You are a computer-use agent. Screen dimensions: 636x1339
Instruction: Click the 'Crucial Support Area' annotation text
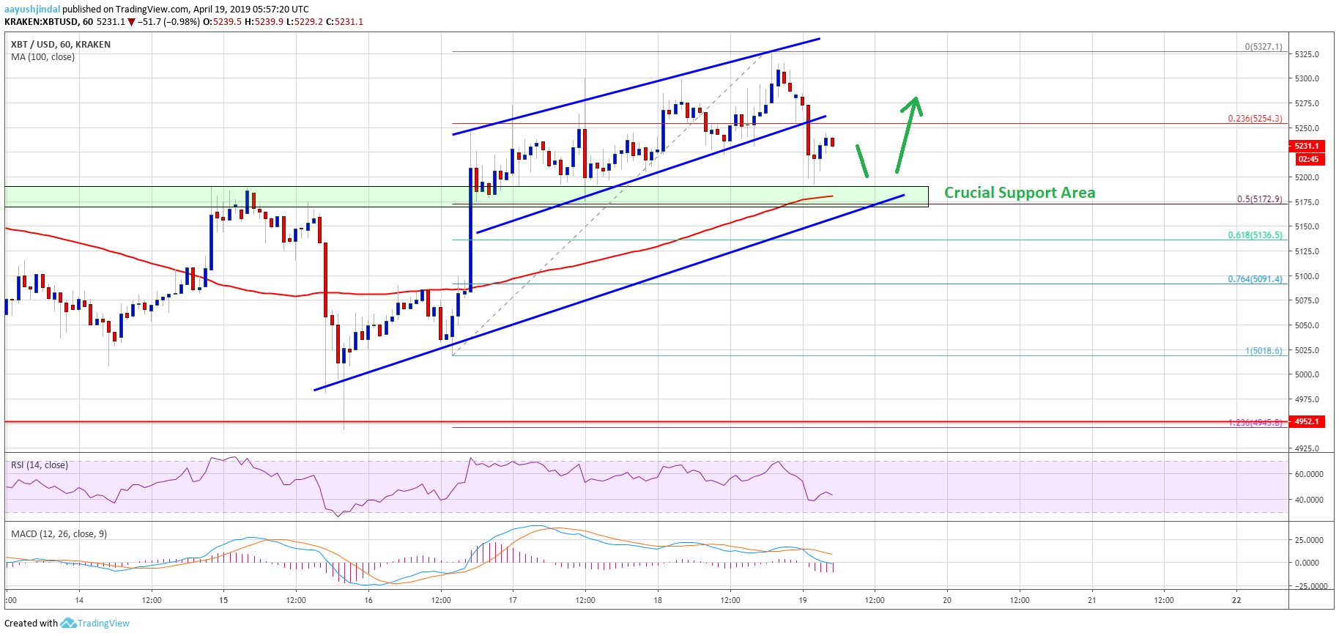click(x=1019, y=193)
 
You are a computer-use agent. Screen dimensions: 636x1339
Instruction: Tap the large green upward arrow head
click(x=913, y=106)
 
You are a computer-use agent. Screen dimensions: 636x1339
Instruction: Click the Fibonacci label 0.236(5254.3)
click(x=1255, y=119)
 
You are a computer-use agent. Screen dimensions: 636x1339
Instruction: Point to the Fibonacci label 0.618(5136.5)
click(x=1255, y=235)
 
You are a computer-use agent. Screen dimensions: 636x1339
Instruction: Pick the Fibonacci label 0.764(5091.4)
click(x=1255, y=279)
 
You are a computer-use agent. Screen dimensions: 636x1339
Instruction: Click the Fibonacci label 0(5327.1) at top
click(x=1264, y=47)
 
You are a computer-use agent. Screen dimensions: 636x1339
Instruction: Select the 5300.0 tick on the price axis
click(x=1307, y=78)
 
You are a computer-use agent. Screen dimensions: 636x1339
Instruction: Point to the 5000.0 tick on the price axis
click(x=1307, y=374)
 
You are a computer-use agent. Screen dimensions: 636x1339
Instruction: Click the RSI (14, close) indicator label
click(x=40, y=465)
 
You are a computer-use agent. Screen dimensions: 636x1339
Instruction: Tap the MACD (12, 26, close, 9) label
click(x=59, y=534)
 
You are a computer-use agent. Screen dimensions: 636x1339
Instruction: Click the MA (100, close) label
click(x=42, y=57)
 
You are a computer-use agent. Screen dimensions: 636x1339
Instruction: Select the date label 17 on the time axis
click(x=513, y=600)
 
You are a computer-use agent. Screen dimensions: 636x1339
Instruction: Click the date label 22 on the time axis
click(x=1236, y=600)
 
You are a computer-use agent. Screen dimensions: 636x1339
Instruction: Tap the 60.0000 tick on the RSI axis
click(x=1309, y=474)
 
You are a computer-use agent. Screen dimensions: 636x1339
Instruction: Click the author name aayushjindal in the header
click(x=32, y=10)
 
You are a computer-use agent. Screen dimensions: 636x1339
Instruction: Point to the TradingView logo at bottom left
click(x=95, y=624)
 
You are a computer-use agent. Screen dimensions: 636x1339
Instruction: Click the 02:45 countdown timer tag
click(x=1308, y=159)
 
